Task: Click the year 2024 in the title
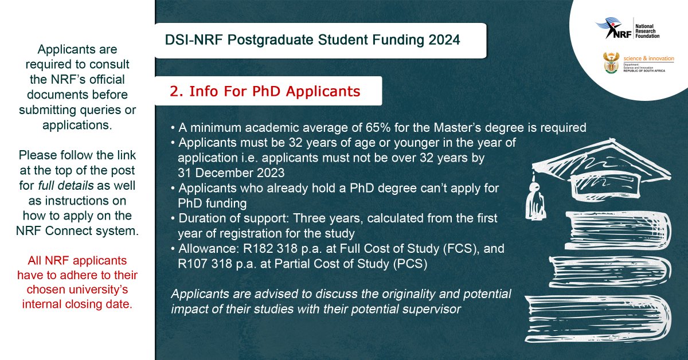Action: pyautogui.click(x=443, y=40)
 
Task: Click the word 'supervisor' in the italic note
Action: pyautogui.click(x=435, y=310)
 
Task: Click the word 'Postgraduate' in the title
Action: pyautogui.click(x=281, y=40)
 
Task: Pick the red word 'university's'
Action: pyautogui.click(x=104, y=290)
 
